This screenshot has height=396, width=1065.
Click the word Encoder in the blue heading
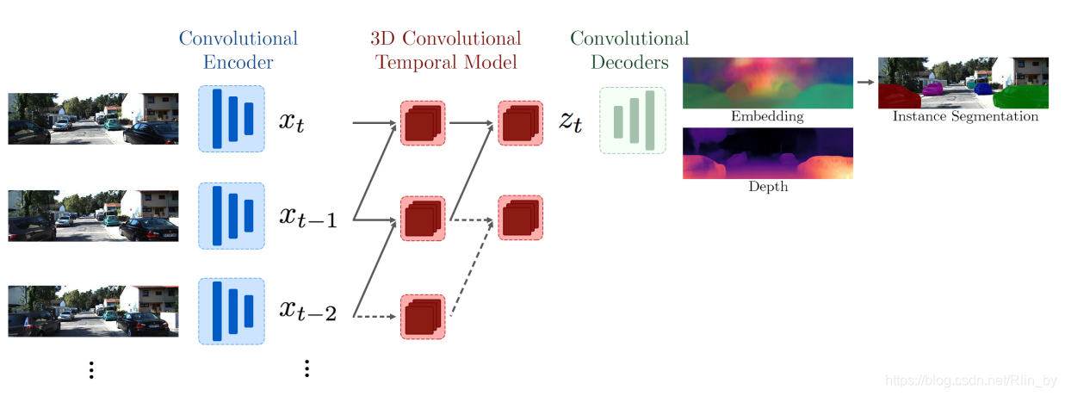coord(238,62)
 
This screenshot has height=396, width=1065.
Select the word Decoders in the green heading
coord(630,62)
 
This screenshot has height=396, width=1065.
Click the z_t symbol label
coord(570,121)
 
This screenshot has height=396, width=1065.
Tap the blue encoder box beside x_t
coord(232,119)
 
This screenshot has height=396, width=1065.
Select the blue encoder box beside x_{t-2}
coord(232,310)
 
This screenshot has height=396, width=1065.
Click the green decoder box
coord(632,121)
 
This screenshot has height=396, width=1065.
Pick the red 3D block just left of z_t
coord(520,122)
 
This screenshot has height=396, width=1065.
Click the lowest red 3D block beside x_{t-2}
coord(423,317)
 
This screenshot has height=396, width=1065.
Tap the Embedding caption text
coord(766,116)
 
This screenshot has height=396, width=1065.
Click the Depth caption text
coord(767,187)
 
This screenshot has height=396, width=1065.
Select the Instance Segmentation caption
coord(964,116)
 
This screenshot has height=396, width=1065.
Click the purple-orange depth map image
coord(767,153)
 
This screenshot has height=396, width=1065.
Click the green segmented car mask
coord(1025,95)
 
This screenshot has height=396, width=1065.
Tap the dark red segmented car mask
coord(895,96)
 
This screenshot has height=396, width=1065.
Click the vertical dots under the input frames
coord(91,370)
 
